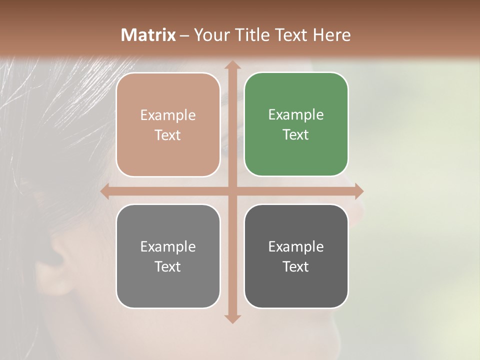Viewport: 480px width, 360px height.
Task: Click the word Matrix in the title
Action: (148, 35)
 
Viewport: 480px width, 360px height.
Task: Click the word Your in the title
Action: (210, 35)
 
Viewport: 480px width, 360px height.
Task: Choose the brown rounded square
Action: (168, 124)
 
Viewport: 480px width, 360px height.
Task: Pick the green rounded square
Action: (296, 124)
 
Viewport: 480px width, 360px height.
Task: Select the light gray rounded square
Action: (168, 256)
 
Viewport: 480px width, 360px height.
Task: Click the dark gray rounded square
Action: (296, 256)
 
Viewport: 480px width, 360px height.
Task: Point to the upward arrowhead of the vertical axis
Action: (232, 66)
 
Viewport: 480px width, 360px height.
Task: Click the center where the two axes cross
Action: (232, 191)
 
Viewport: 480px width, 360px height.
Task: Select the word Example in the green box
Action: (296, 114)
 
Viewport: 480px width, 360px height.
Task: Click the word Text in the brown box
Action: (168, 135)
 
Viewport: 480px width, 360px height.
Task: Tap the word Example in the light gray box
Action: (168, 246)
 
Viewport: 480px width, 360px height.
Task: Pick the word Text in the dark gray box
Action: (296, 266)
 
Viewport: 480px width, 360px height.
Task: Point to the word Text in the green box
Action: (296, 134)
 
